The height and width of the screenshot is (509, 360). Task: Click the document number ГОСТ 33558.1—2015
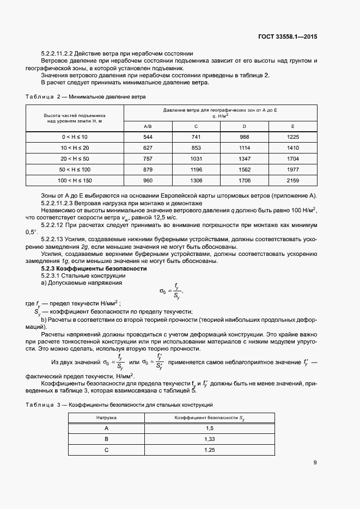(x=288, y=37)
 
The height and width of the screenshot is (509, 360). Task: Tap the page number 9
(x=315, y=463)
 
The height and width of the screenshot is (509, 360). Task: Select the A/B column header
(x=148, y=126)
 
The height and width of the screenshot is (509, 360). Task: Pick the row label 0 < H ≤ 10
(x=74, y=137)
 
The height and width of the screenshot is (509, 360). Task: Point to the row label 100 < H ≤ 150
(x=74, y=180)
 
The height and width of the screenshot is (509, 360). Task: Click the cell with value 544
(x=148, y=137)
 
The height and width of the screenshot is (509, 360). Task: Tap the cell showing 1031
(x=196, y=158)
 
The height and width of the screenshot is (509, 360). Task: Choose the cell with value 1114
(x=244, y=148)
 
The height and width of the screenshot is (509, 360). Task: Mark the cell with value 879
(x=148, y=169)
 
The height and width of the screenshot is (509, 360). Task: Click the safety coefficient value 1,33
(x=209, y=439)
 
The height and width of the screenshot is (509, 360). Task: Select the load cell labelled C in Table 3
(x=106, y=450)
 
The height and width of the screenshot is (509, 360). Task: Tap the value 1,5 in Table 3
(x=209, y=428)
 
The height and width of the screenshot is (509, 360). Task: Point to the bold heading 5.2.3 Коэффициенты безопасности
(x=94, y=269)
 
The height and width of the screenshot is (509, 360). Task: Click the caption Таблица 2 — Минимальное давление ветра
(x=86, y=96)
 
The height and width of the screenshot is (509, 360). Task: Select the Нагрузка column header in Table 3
(x=106, y=417)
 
